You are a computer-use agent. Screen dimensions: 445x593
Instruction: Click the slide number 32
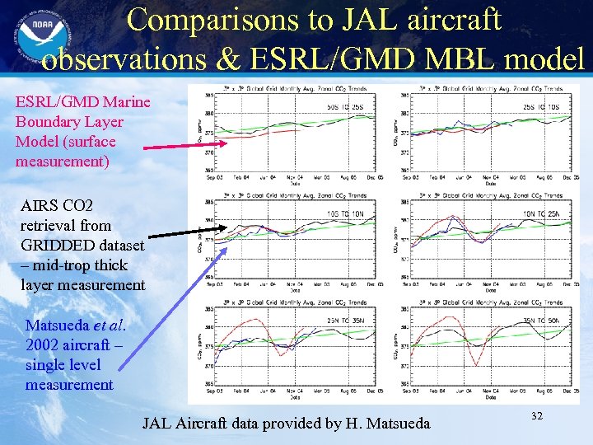[x=536, y=417]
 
